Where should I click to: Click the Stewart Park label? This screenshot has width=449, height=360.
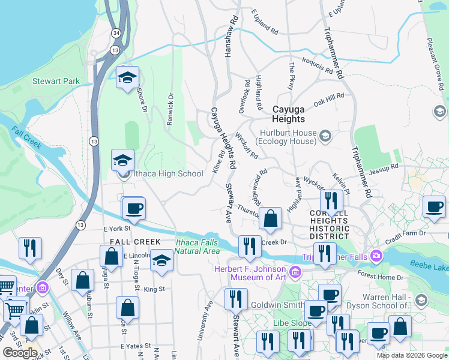56,80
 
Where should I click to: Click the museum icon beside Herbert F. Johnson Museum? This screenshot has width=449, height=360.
295,274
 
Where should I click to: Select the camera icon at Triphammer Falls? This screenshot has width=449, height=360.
376,256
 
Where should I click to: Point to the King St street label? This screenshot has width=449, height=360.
154,289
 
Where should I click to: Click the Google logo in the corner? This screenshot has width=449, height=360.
20,352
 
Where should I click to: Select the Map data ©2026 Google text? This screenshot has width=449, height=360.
412,355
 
